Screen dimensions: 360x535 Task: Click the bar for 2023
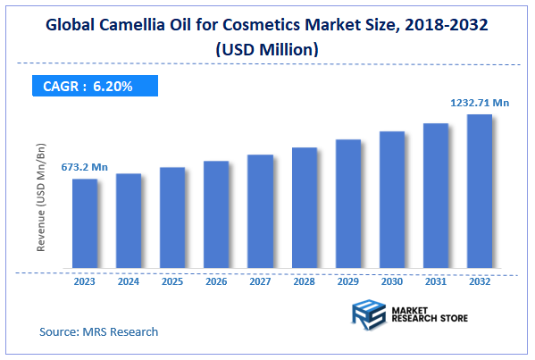85,223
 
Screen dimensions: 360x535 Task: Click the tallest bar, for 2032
480,191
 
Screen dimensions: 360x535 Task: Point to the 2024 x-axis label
129,281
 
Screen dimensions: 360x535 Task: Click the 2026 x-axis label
216,281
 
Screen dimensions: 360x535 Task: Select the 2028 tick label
304,281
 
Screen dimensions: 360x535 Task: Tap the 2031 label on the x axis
435,281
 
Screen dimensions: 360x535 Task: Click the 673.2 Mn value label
84,166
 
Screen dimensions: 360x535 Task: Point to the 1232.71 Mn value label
479,104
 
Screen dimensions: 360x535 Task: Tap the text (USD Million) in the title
266,51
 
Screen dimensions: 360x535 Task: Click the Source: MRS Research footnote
98,331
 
